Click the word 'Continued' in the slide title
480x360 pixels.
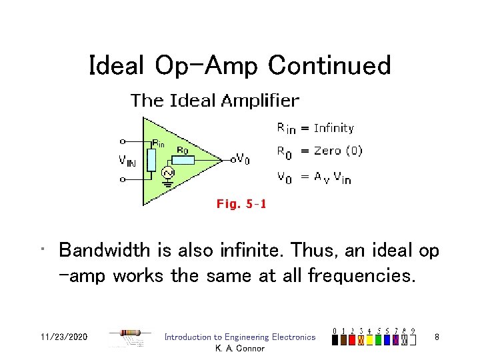(329, 65)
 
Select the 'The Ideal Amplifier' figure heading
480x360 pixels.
(215, 101)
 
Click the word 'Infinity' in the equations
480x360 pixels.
(334, 128)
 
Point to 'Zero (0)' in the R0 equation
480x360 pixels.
(338, 151)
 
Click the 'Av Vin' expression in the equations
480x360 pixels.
(333, 177)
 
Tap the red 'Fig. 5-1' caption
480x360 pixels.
(241, 204)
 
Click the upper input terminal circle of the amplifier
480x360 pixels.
(122, 141)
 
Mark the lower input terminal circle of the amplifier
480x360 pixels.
(122, 179)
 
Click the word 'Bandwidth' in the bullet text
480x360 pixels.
(105, 250)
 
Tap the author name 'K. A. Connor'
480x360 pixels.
(240, 348)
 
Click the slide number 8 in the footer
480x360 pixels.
(436, 337)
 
